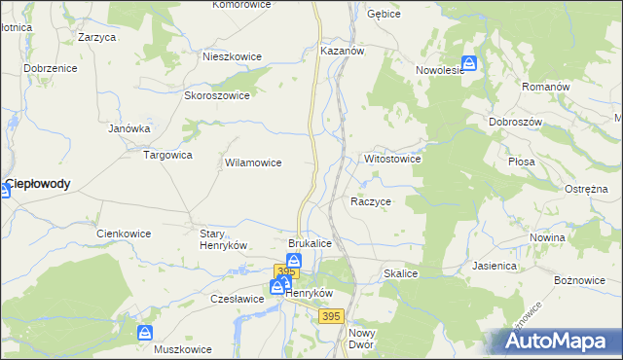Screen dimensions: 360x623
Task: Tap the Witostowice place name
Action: (x=391, y=158)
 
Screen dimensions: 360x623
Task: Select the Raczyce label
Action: (x=371, y=201)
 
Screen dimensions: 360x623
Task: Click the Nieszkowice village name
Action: (x=232, y=56)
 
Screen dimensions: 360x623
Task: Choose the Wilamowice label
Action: (x=253, y=163)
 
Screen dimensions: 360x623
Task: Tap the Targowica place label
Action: (x=168, y=155)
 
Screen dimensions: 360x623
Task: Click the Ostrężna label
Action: (x=586, y=190)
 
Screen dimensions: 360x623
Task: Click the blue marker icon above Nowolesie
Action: (x=469, y=62)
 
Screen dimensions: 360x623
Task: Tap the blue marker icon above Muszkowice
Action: (x=145, y=333)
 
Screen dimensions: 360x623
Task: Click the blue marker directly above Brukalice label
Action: (x=294, y=261)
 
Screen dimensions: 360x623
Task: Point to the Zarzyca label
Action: (x=97, y=37)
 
